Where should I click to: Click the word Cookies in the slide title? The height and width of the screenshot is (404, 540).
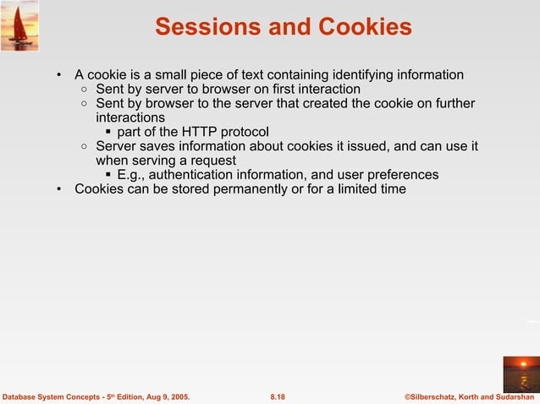tap(365, 28)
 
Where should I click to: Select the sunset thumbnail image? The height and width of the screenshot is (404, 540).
tap(521, 373)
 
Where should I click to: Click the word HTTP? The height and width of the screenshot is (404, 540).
tap(194, 132)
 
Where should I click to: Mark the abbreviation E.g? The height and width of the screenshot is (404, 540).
tap(131, 175)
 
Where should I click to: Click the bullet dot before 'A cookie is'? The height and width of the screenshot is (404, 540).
tap(58, 75)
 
